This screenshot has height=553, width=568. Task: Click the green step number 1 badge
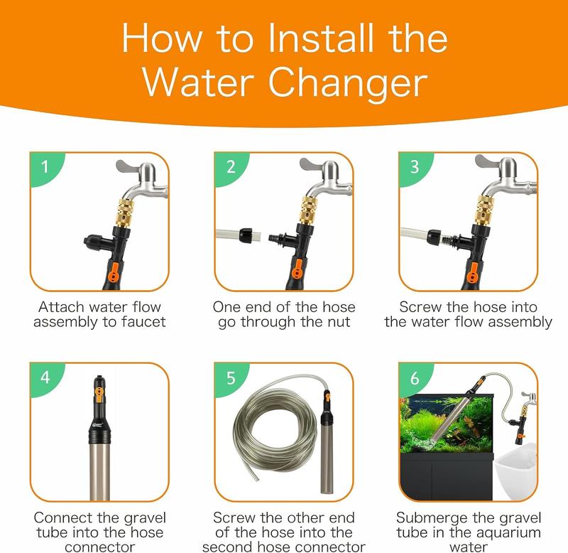pyautogui.click(x=45, y=168)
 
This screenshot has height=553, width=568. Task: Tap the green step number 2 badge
pyautogui.click(x=229, y=168)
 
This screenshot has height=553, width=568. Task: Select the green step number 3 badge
pyautogui.click(x=414, y=168)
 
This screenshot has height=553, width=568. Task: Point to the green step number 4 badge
pyautogui.click(x=45, y=378)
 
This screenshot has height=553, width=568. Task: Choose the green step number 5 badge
pyautogui.click(x=229, y=378)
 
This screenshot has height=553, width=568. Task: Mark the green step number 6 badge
pyautogui.click(x=414, y=378)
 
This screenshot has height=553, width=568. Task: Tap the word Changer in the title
pyautogui.click(x=348, y=82)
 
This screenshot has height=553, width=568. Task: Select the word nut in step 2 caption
pyautogui.click(x=337, y=322)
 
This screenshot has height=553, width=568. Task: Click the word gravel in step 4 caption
pyautogui.click(x=145, y=519)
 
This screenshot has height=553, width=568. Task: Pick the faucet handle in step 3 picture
pyautogui.click(x=486, y=162)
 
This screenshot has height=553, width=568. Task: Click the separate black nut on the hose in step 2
pyautogui.click(x=246, y=235)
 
